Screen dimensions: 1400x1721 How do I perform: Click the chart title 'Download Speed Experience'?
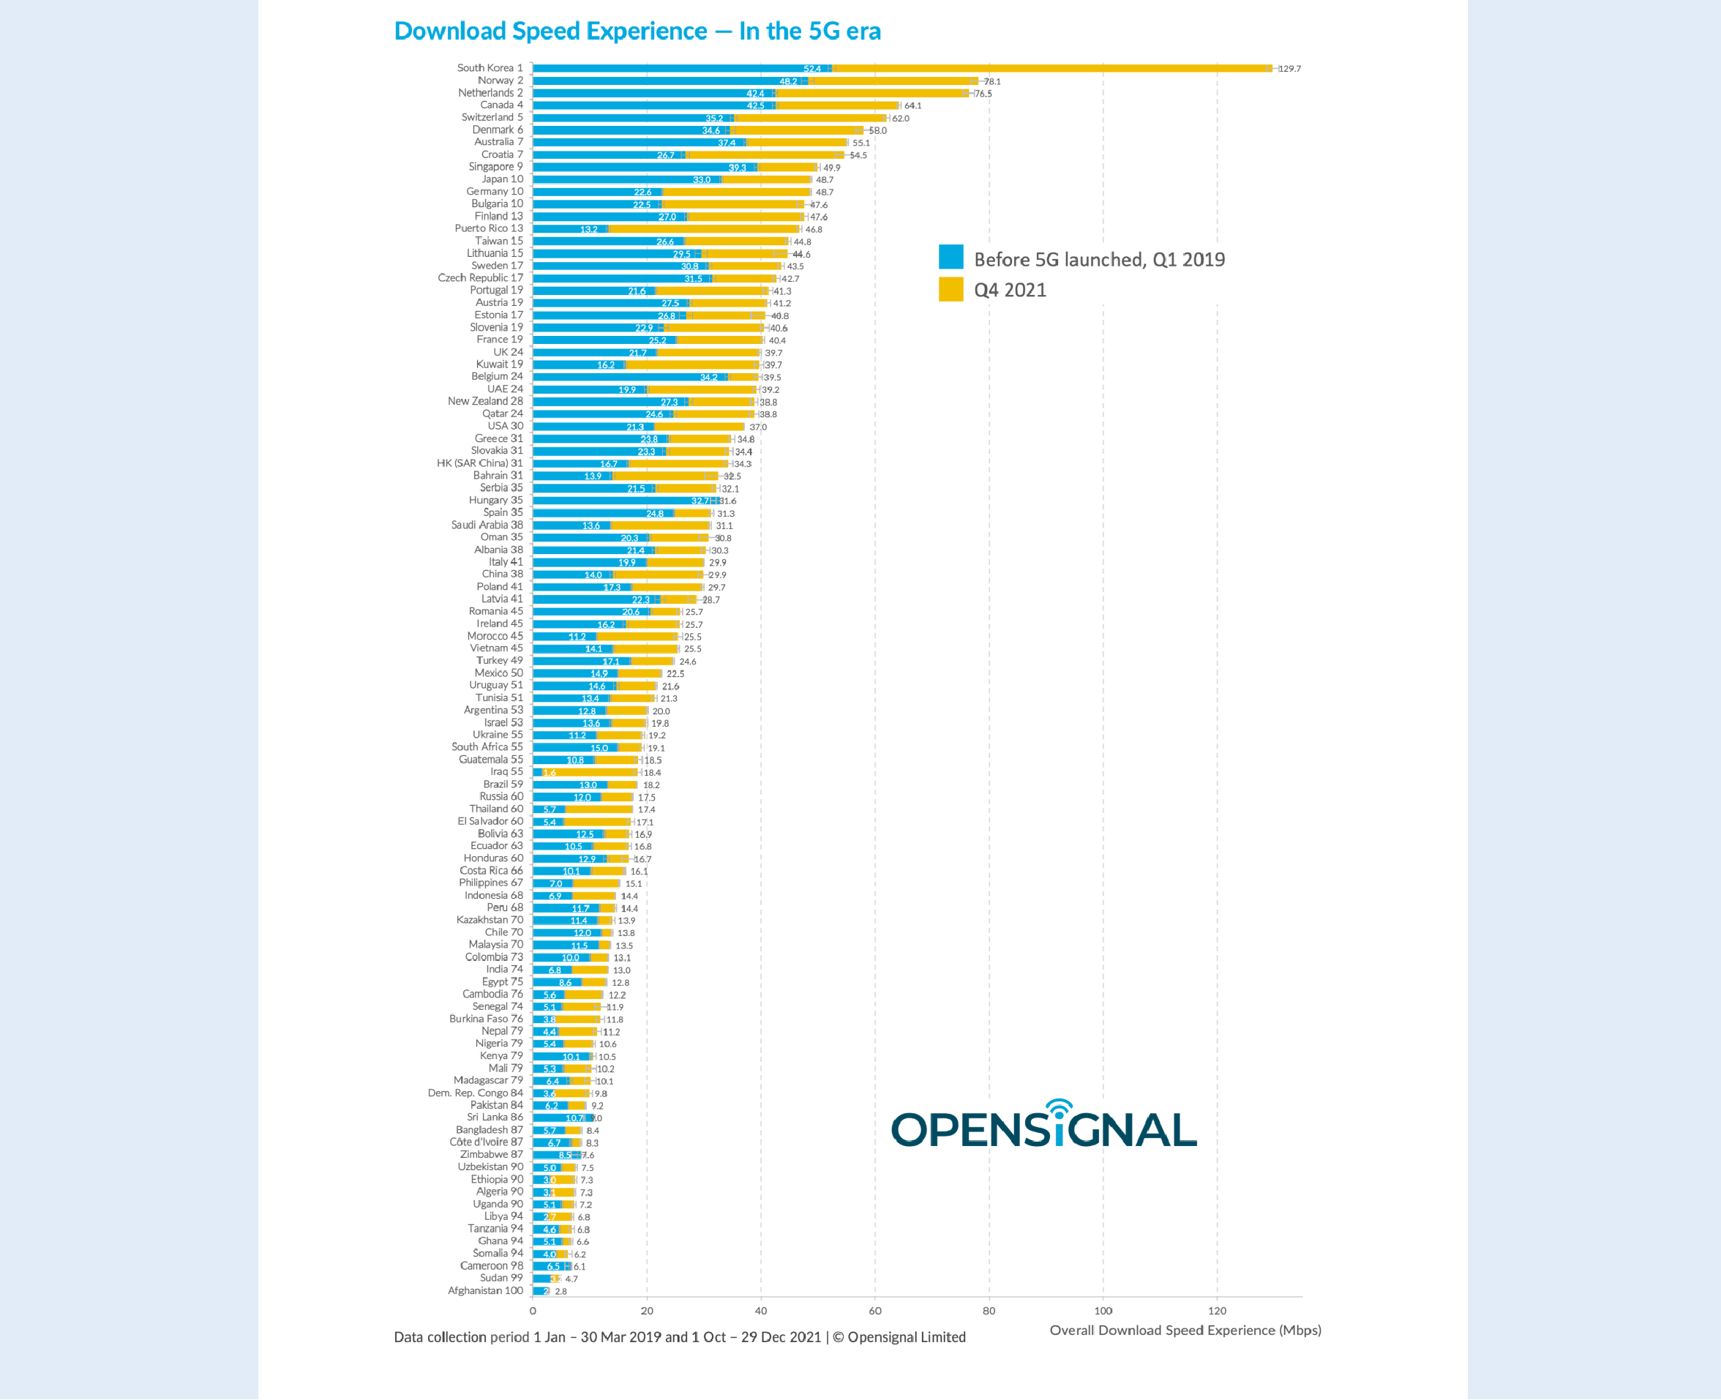point(637,31)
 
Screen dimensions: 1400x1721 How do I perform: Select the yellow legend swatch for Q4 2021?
point(951,289)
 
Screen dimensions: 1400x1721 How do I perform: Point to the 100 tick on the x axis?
point(1103,1311)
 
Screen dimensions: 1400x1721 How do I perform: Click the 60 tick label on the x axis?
point(875,1311)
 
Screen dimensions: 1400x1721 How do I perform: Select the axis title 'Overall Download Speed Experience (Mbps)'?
point(1185,1330)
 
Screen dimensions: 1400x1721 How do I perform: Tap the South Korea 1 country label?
point(490,68)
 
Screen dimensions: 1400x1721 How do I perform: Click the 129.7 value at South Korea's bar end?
point(1289,69)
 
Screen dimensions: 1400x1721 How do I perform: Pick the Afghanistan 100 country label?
point(484,1290)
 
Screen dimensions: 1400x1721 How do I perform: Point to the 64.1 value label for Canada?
point(912,105)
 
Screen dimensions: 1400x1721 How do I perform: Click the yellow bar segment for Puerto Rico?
point(702,229)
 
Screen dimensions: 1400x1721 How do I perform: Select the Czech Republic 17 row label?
point(480,277)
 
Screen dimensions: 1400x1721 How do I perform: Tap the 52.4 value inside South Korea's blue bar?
point(811,69)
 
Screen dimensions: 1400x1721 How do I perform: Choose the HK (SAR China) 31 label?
point(479,463)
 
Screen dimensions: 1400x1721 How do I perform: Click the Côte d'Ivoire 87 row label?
point(485,1142)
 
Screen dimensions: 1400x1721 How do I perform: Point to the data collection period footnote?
point(679,1337)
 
